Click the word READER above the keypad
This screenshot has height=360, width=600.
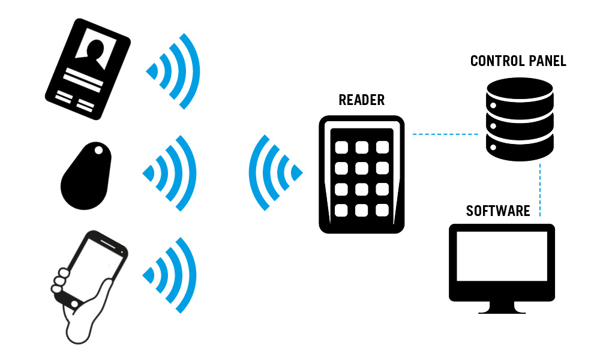tap(362, 100)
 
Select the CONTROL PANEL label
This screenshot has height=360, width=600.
tap(518, 61)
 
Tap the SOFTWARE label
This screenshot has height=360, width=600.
tap(498, 211)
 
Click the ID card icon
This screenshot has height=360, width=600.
tap(88, 69)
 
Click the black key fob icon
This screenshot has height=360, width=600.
tap(86, 176)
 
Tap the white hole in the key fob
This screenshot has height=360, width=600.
tap(99, 151)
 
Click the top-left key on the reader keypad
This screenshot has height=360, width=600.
tap(341, 147)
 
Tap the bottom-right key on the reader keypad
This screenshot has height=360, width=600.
tap(382, 210)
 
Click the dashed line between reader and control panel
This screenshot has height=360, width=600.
tap(445, 134)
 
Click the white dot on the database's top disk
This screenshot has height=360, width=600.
tap(493, 105)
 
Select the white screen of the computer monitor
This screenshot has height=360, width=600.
tap(502, 256)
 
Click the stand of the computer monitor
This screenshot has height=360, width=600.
tap(502, 307)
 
